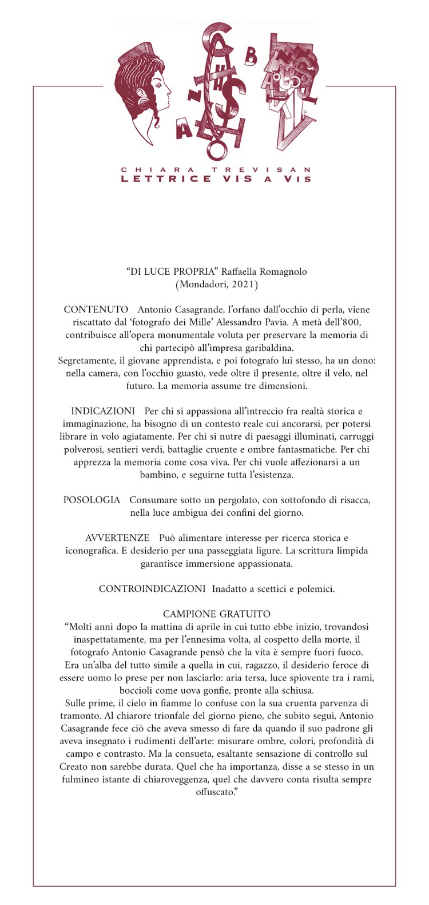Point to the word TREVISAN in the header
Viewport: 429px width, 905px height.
click(261, 170)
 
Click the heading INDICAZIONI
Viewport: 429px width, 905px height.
click(103, 411)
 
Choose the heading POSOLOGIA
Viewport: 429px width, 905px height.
click(92, 500)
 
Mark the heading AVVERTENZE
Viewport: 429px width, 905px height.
click(117, 538)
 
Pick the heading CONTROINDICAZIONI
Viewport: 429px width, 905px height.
click(152, 588)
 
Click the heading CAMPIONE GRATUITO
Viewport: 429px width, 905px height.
click(217, 614)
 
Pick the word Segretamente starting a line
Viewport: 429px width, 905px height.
click(88, 361)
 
